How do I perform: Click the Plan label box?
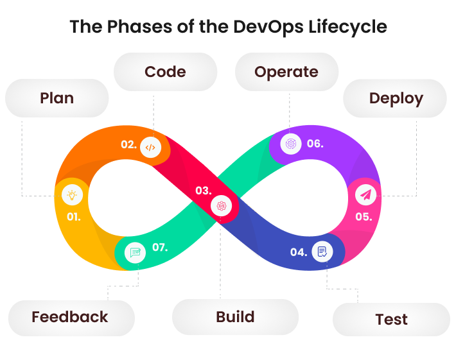(x=57, y=98)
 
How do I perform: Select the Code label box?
(x=165, y=71)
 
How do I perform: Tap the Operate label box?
(x=286, y=71)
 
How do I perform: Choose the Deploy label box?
(x=396, y=98)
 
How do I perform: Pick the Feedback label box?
(x=71, y=317)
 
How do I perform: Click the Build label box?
(x=235, y=317)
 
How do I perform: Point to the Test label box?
(x=391, y=319)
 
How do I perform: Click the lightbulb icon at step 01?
(x=71, y=194)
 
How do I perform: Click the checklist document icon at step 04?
(x=322, y=251)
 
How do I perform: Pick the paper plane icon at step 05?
(x=365, y=194)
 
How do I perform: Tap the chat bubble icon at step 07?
(x=136, y=252)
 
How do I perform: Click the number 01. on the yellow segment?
(x=74, y=216)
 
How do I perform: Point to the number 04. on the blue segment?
(x=298, y=252)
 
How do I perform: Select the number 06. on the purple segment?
(x=315, y=144)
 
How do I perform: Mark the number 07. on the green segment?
(x=160, y=247)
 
